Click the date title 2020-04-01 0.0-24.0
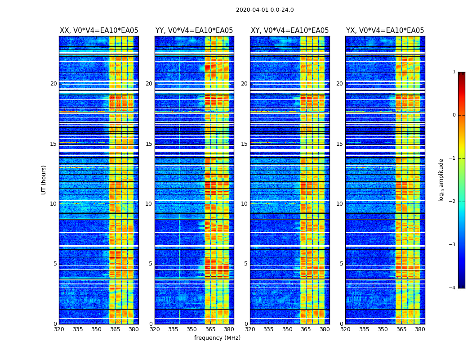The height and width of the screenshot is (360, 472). pos(265,10)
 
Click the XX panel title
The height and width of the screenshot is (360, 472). pos(99,31)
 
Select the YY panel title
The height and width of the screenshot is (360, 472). pos(194,31)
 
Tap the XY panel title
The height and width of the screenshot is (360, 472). pos(289,31)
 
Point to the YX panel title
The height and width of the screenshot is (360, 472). pos(385,31)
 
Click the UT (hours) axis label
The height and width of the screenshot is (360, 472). pos(44,180)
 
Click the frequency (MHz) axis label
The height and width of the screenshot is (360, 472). pos(217,338)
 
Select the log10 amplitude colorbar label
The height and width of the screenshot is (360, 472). pos(441,180)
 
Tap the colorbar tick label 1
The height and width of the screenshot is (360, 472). pos(454,72)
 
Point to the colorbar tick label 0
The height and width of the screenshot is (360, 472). pos(454,115)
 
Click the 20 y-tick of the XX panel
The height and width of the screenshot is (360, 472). pos(53,84)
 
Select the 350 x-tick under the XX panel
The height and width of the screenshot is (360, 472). pos(96,329)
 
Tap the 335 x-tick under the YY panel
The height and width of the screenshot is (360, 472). pos(173,329)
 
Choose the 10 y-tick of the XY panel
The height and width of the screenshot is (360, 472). pos(244,204)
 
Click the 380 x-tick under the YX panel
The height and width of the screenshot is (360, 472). pos(420,329)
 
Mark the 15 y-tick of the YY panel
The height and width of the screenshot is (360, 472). pos(149,144)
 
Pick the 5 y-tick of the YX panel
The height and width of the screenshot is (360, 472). pos(341,264)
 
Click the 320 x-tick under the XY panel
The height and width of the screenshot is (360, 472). pos(250,329)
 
